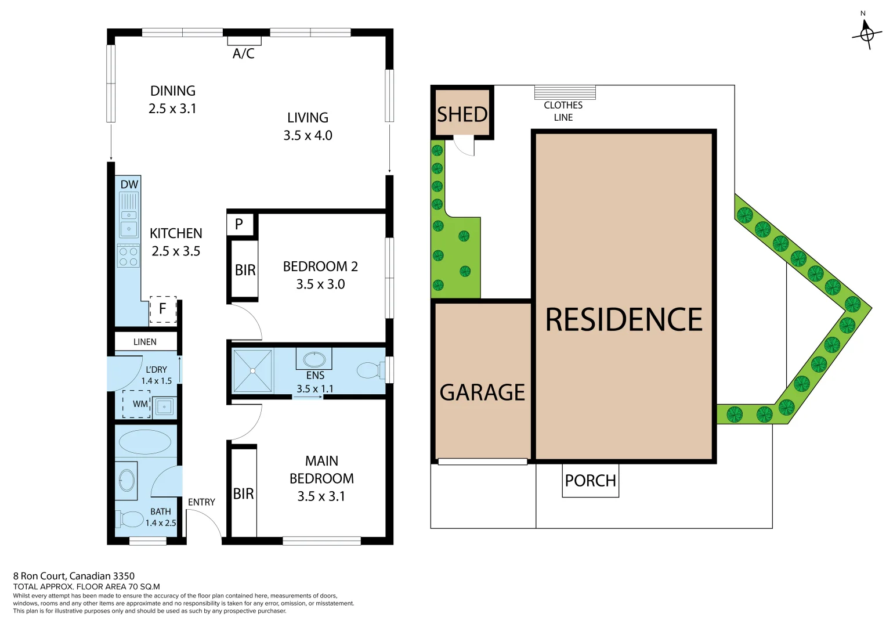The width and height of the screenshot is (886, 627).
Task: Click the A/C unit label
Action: (244, 53)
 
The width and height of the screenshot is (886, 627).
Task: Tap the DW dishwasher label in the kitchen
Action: (129, 185)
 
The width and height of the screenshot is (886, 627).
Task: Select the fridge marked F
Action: (163, 309)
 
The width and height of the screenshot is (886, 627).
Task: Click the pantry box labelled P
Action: (239, 224)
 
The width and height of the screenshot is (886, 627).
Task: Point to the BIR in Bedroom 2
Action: (245, 270)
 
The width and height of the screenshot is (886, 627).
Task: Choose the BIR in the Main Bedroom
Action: (244, 493)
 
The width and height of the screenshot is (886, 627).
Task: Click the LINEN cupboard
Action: (145, 342)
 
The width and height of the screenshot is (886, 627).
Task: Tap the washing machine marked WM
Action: (138, 404)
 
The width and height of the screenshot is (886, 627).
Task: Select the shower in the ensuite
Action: (252, 370)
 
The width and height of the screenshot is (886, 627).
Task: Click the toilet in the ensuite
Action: (370, 370)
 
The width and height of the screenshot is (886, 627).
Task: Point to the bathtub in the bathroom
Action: (145, 442)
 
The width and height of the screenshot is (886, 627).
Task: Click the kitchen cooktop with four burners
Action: (128, 256)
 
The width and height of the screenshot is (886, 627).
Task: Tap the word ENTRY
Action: (201, 502)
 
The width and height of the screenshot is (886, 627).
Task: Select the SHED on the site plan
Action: (462, 114)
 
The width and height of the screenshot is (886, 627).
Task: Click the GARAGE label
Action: (482, 392)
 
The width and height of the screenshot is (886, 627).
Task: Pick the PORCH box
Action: (590, 481)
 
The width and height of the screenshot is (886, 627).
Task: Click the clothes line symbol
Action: (565, 93)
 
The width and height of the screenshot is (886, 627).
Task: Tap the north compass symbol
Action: (866, 34)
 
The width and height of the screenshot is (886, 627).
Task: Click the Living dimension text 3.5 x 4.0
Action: (308, 135)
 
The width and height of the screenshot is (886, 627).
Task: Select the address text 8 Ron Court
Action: (74, 576)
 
